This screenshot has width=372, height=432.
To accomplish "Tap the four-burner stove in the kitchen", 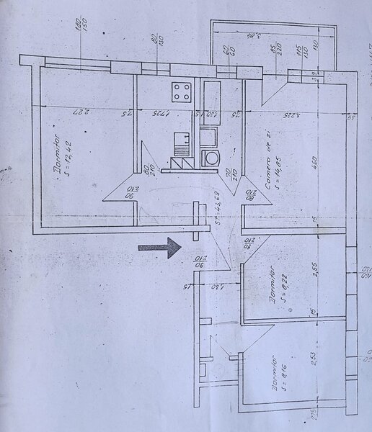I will click(182, 91).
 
